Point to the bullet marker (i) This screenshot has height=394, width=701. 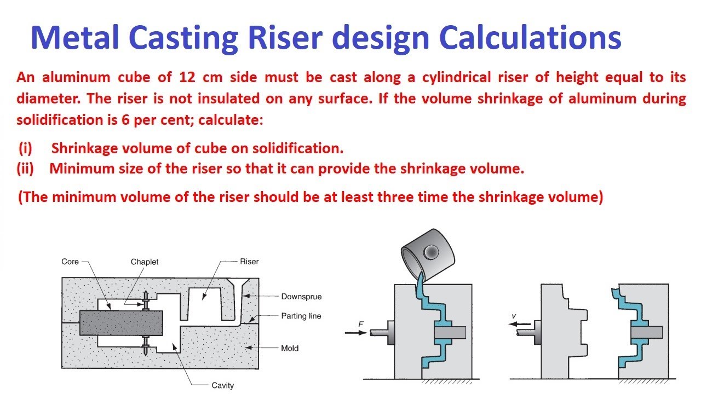point(25,148)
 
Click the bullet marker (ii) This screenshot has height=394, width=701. point(25,169)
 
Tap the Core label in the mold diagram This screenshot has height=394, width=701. point(70,262)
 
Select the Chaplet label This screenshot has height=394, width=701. point(145,262)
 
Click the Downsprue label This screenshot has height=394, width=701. point(301,297)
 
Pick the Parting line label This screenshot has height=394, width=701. point(301,316)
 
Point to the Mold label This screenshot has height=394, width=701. point(290,348)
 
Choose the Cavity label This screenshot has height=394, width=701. point(222,385)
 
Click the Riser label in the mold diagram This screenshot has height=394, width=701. point(249,262)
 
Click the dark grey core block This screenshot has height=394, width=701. point(120,323)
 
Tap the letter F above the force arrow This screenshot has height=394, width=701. point(361,324)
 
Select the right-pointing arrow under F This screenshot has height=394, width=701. point(358,332)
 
